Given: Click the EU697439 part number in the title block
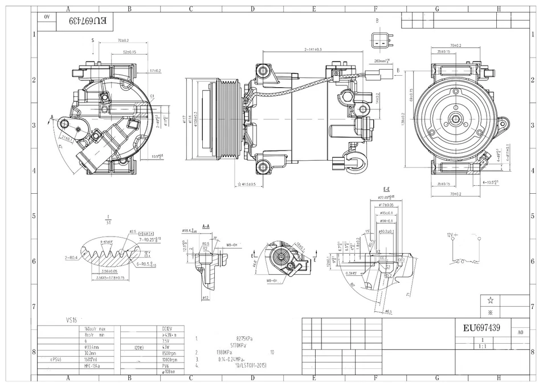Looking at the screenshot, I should point(481,328).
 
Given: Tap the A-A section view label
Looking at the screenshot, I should point(206,226).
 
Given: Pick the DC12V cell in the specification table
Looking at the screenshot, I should point(168,328).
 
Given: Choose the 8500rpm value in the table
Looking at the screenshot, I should point(169,353).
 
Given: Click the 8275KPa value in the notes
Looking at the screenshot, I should point(245,338).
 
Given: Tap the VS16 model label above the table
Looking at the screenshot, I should point(72,320).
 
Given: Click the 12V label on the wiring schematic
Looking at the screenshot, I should point(449,235).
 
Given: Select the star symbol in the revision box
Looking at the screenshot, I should point(489,300).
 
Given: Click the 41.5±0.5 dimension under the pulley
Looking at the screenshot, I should point(248,185).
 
